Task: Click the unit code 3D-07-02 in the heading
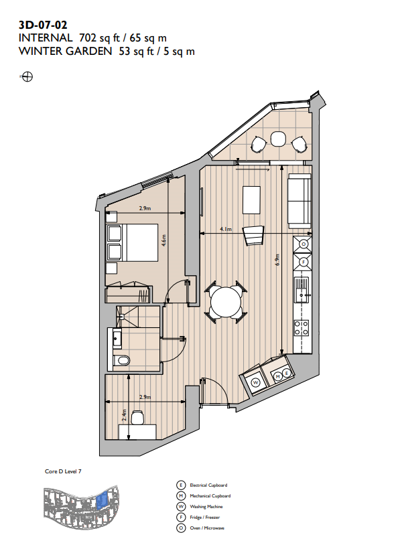pyautogui.click(x=43, y=25)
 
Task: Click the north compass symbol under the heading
pyautogui.click(x=27, y=76)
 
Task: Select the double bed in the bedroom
pyautogui.click(x=133, y=243)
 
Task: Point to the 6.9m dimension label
pyautogui.click(x=277, y=259)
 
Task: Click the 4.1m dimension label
pyautogui.click(x=226, y=229)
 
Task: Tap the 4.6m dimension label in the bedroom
pyautogui.click(x=163, y=240)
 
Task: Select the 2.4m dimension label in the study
pyautogui.click(x=124, y=414)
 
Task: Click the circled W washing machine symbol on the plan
pyautogui.click(x=256, y=382)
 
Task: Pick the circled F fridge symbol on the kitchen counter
pyautogui.click(x=304, y=262)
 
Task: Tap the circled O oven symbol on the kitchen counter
pyautogui.click(x=304, y=244)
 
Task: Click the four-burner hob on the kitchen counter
pyautogui.click(x=302, y=328)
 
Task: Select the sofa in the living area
pyautogui.click(x=300, y=201)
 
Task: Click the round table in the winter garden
pyautogui.click(x=277, y=139)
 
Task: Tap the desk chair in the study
pyautogui.click(x=138, y=417)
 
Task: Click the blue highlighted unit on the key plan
pyautogui.click(x=102, y=501)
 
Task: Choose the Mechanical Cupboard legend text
pyautogui.click(x=210, y=496)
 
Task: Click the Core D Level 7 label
pyautogui.click(x=63, y=471)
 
